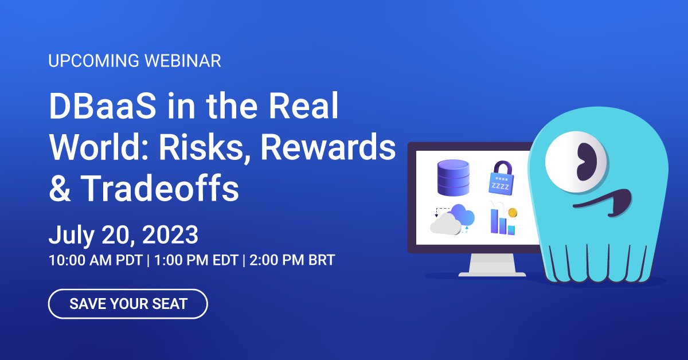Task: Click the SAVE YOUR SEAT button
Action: (128, 304)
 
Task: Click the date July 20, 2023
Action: (123, 235)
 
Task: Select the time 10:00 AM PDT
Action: (96, 260)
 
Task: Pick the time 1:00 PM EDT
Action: (195, 260)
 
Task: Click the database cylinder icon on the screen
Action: (453, 178)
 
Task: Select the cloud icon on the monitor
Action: (453, 220)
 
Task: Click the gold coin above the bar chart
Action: (513, 213)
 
